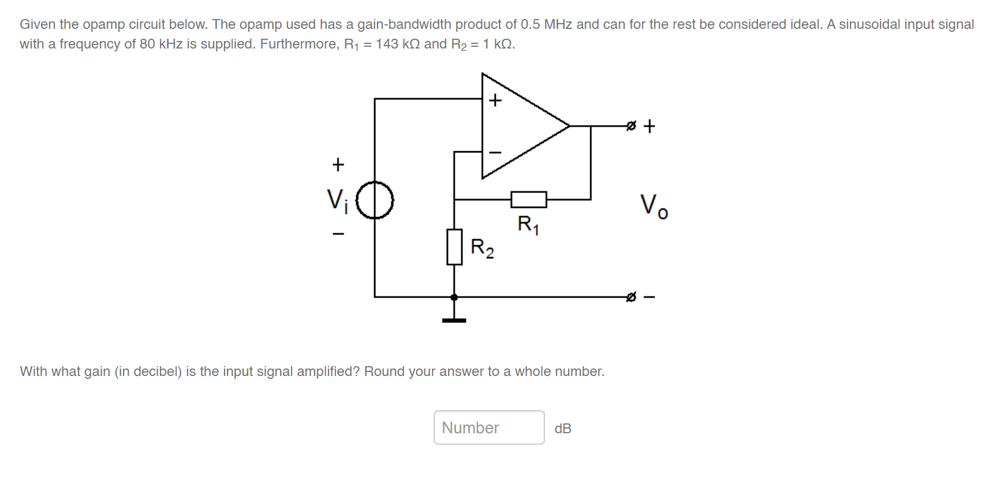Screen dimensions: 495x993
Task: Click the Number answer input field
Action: click(x=488, y=427)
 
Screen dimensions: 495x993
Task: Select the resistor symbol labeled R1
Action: click(x=528, y=200)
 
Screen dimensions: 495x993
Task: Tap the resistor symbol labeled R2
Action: click(x=454, y=247)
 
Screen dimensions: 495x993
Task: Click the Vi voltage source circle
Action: click(x=375, y=200)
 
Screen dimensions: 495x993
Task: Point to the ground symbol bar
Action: click(x=454, y=320)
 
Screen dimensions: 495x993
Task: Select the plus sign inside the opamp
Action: click(x=495, y=101)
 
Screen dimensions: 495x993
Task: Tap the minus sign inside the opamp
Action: click(x=495, y=152)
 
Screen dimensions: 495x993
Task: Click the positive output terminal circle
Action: click(x=631, y=125)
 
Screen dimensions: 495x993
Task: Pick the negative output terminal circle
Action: click(x=631, y=297)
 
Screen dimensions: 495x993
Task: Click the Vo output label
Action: click(x=654, y=206)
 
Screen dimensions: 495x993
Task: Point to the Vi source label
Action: click(x=337, y=200)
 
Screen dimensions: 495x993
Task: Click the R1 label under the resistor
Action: click(x=528, y=224)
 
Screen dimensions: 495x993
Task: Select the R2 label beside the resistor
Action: click(x=482, y=248)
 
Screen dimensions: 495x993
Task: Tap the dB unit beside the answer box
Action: click(x=563, y=429)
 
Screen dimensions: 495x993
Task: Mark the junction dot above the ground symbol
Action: click(x=454, y=297)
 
